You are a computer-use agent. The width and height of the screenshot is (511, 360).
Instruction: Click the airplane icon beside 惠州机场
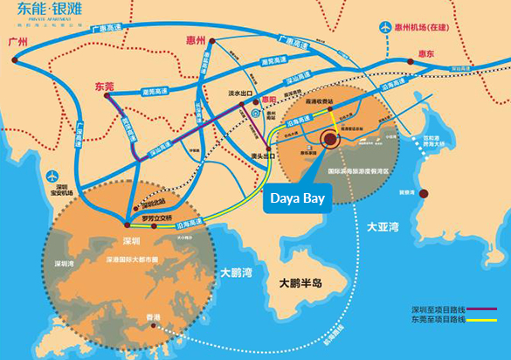coord(387,27)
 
